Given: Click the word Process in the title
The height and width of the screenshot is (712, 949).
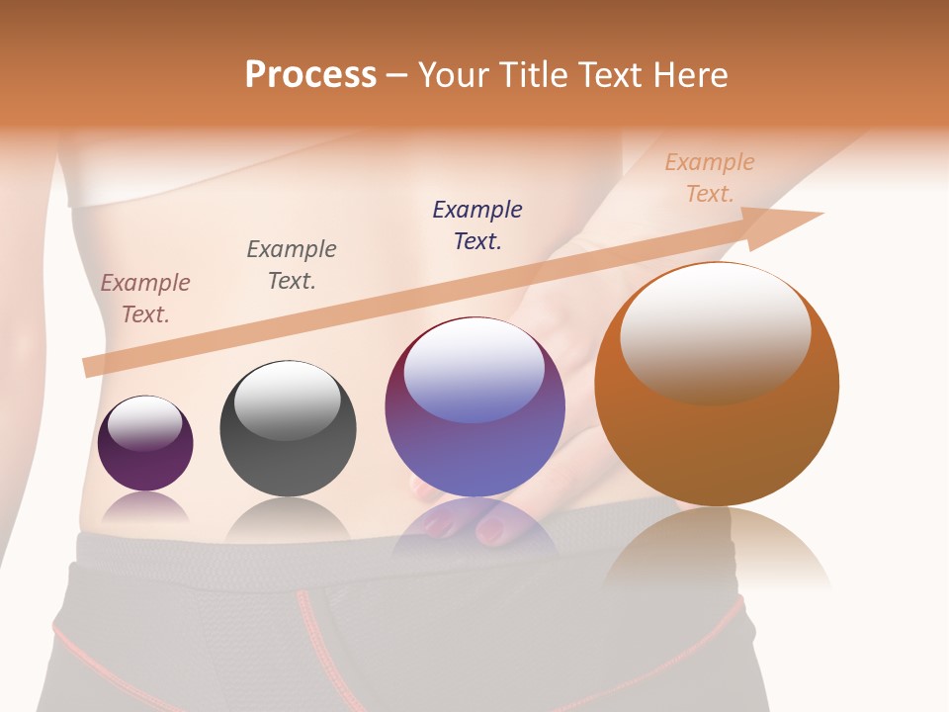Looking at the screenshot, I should tap(310, 75).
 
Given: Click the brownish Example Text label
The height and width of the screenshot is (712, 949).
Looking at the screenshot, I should tap(145, 299).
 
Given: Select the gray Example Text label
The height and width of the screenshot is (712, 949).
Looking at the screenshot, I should tap(292, 265).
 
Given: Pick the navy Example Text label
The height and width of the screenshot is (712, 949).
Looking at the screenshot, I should tap(477, 224).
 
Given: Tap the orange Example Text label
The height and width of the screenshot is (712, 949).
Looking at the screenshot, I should tap(710, 177).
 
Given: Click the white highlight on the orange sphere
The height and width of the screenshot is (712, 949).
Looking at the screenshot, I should tap(716, 331).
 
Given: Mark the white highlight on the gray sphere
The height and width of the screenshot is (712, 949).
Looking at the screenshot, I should tap(287, 400).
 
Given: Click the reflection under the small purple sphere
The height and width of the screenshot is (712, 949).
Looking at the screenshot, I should tap(145, 506).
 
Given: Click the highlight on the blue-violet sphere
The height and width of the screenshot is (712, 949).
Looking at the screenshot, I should tap(474, 371).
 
